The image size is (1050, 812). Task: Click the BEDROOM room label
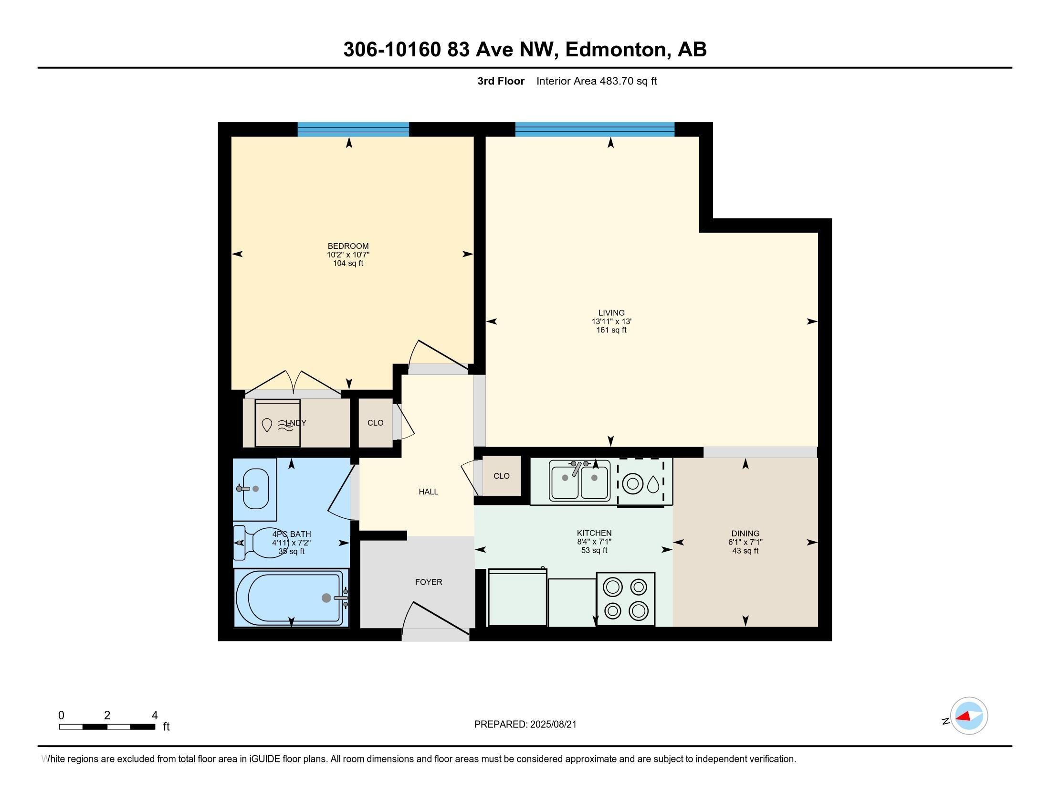[x=348, y=246]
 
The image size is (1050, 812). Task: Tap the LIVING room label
[x=611, y=313]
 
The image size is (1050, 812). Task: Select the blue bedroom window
[x=353, y=129]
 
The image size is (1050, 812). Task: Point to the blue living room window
[x=595, y=129]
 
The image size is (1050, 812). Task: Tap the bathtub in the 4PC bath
[x=291, y=598]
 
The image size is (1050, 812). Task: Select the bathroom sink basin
[x=256, y=488]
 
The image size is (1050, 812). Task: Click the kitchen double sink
[x=580, y=480]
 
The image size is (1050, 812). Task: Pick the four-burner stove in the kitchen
[x=626, y=599]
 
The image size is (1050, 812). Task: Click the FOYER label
[x=429, y=582]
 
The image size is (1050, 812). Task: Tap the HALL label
[x=428, y=491]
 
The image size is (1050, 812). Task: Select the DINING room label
[x=745, y=534]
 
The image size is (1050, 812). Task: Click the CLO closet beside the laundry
[x=376, y=423]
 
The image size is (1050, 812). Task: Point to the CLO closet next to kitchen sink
[x=502, y=476]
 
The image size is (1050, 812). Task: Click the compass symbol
[x=968, y=716]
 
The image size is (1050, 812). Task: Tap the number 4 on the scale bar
[x=154, y=716]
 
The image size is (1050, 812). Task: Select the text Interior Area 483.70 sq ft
[x=596, y=81]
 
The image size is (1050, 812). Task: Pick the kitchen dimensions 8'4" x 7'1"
[x=594, y=542]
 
